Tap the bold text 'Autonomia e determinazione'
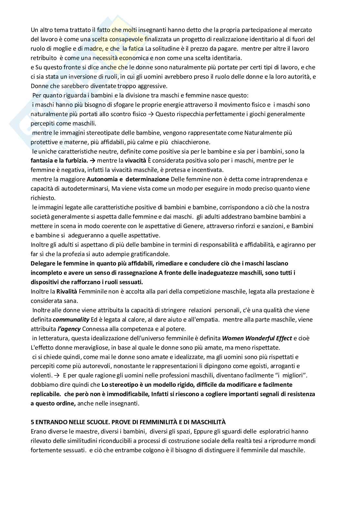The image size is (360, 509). click(x=128, y=179)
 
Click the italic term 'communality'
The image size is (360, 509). click(x=71, y=320)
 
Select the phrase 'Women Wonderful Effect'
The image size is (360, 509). click(x=257, y=338)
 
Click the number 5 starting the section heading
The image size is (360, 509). click(x=32, y=422)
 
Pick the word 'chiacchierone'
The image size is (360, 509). click(x=191, y=142)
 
